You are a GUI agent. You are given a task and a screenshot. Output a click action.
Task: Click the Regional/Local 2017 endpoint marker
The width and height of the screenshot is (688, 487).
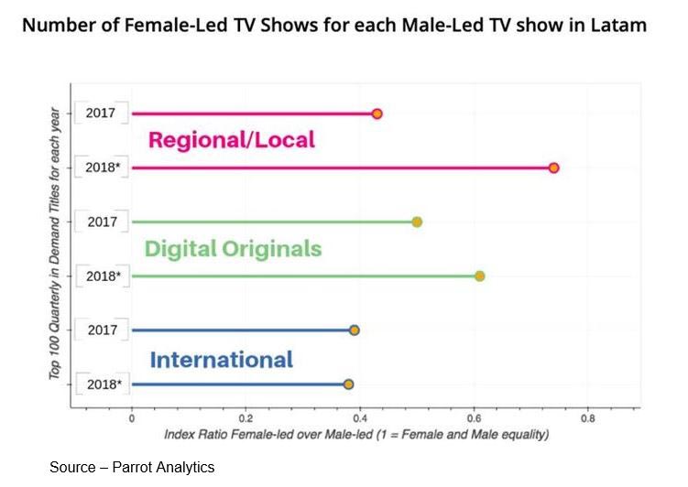(377, 114)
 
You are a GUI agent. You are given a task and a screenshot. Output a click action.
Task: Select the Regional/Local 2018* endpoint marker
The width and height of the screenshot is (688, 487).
(553, 168)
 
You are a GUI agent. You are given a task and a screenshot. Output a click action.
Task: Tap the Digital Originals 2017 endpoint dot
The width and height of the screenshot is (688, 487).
(417, 222)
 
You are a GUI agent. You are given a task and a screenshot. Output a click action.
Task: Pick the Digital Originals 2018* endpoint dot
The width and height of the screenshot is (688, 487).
(479, 276)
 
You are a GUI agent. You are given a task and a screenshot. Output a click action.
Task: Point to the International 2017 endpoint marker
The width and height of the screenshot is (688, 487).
(355, 330)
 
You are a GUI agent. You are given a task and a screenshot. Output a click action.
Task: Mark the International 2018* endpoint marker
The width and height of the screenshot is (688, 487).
(348, 384)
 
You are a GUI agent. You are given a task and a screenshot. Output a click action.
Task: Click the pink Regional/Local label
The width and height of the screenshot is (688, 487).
(231, 140)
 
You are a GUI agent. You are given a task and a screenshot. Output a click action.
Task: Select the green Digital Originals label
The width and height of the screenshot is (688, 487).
(233, 248)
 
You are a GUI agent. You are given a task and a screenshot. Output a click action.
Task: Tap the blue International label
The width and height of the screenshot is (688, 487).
(221, 360)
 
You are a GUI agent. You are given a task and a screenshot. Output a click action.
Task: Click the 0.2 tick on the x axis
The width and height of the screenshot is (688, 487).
(245, 418)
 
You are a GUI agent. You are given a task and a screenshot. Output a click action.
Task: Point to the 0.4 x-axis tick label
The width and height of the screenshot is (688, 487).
(360, 418)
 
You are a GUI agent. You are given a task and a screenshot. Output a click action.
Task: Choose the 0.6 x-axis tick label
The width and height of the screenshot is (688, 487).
(474, 418)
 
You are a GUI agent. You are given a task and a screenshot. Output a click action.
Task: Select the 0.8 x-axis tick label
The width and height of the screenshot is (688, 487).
(588, 418)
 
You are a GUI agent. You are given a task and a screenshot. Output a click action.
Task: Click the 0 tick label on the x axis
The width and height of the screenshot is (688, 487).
(132, 418)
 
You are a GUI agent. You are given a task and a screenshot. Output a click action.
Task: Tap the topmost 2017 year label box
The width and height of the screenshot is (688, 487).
(100, 114)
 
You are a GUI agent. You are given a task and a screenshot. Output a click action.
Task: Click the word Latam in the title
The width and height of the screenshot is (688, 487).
(617, 25)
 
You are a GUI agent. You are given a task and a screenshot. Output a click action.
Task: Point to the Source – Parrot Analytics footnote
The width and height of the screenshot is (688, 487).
(132, 467)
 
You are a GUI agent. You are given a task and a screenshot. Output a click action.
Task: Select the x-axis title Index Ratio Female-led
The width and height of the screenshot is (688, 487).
(356, 434)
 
